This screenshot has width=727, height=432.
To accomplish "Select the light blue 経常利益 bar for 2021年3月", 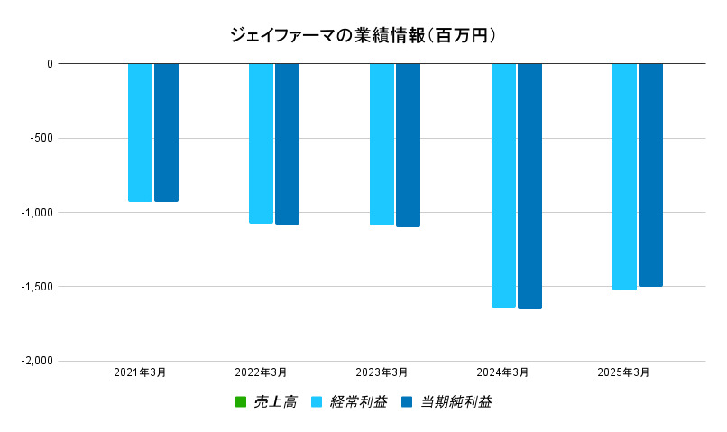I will [x=140, y=133].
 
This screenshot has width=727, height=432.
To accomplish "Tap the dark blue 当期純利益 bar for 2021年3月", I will [x=166, y=133].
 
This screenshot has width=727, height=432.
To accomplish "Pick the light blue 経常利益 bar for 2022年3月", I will [x=261, y=143].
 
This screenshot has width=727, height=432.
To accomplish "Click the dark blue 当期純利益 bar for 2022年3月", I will [x=287, y=143].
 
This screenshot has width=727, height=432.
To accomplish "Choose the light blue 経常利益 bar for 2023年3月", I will [x=382, y=144].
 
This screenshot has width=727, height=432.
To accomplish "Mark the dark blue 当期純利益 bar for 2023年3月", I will [x=408, y=145].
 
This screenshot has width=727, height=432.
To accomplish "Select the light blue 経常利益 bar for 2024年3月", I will [x=503, y=185].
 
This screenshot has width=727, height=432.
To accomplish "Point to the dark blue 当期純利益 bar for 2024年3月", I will [x=529, y=186].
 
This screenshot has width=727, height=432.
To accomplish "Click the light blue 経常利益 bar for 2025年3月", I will [x=624, y=177].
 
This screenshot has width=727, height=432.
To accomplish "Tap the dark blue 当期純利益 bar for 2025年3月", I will [x=650, y=175].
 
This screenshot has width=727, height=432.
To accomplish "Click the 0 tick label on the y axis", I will [x=50, y=64].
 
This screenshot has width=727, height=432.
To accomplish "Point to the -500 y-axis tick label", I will [x=41, y=138].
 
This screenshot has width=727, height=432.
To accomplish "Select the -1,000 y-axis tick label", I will [x=37, y=213].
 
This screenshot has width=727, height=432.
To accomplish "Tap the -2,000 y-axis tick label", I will [x=37, y=361].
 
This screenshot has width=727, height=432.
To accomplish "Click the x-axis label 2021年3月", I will [x=140, y=372].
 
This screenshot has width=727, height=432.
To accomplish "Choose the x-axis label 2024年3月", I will [x=503, y=372].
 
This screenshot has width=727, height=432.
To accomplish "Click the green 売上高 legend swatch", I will [x=240, y=401].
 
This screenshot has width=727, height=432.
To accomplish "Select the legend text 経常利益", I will [x=359, y=401].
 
